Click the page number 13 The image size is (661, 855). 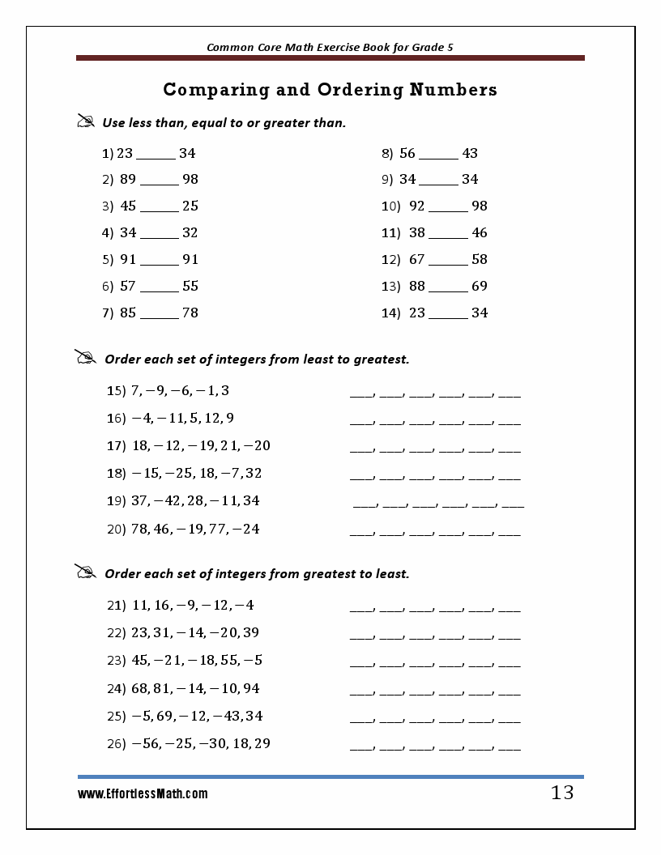561,793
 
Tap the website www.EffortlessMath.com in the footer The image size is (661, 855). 143,794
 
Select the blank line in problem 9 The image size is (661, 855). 439,181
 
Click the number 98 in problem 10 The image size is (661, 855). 479,206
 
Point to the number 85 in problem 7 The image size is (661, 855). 128,313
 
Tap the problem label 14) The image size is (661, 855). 391,313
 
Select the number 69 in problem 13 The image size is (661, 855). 479,286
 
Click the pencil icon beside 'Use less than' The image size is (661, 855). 86,121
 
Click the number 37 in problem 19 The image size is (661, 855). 139,500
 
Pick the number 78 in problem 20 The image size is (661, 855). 139,529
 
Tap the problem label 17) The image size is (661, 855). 116,446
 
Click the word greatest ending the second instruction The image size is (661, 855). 378,359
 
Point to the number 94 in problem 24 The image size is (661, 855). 251,688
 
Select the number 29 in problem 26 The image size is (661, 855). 262,743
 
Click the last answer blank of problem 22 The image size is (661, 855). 509,636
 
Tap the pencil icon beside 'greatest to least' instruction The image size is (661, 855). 86,572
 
